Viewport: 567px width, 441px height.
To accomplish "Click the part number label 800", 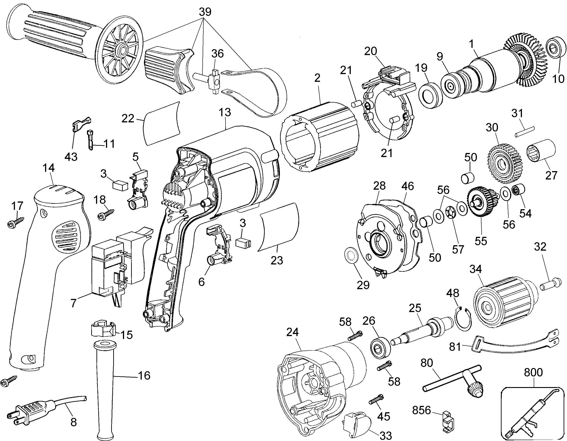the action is pyautogui.click(x=533, y=372).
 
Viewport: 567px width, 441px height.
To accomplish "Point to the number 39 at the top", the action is pyautogui.click(x=205, y=12).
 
